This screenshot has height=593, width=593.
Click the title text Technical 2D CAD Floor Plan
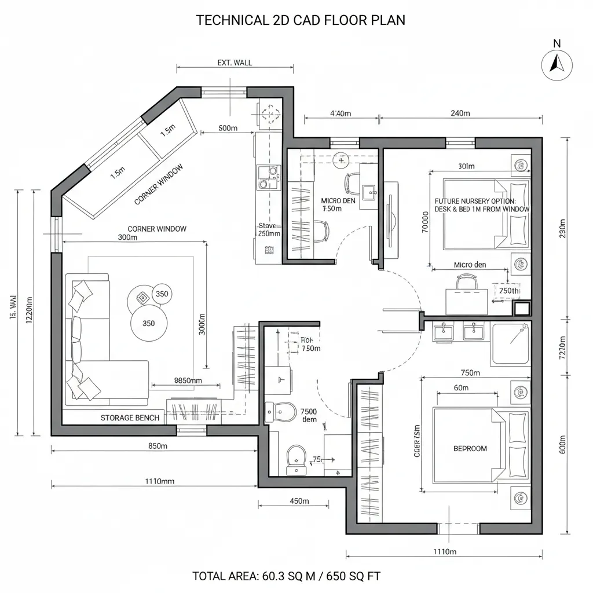point(301,20)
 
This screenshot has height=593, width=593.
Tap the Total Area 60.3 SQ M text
point(286,576)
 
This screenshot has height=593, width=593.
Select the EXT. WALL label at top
point(235,63)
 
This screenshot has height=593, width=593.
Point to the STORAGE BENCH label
point(130,418)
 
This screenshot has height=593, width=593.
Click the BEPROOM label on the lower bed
point(470,448)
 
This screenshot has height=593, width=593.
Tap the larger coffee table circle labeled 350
point(148,323)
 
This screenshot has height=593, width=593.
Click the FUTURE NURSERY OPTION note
point(481,204)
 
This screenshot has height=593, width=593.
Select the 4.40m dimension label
point(341,114)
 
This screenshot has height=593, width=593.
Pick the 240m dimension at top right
point(460,114)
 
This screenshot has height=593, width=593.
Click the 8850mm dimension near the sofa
point(188,380)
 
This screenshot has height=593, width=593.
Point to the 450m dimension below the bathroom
point(299,501)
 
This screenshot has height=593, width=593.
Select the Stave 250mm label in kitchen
point(268,230)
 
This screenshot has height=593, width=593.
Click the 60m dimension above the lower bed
point(462,388)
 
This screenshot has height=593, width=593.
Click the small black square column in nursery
point(523,308)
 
